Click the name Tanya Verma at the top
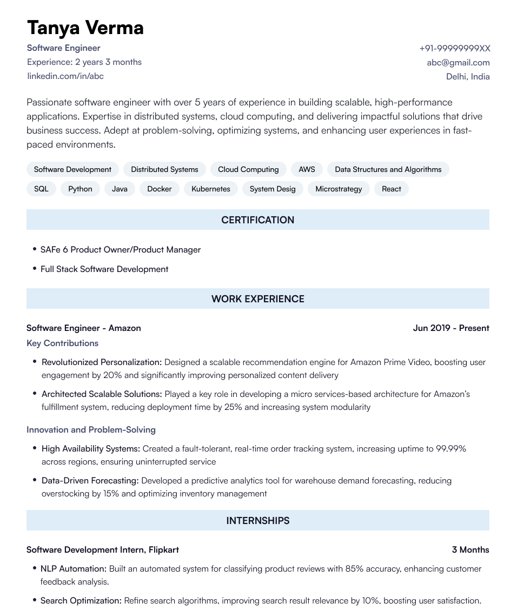point(85,27)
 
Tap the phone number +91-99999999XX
point(454,48)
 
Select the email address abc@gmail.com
point(458,62)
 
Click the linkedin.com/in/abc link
point(65,76)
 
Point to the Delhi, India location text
point(468,76)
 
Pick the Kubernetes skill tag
point(211,189)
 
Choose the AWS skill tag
point(307,169)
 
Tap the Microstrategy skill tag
point(339,189)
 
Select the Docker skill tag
point(160,189)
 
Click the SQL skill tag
point(41,189)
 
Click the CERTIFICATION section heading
point(258,220)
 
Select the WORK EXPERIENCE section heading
point(258,299)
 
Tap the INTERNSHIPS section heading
point(258,521)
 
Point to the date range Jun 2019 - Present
point(451,328)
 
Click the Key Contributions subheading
point(62,343)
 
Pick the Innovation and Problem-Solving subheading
point(91,429)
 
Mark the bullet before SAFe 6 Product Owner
point(35,249)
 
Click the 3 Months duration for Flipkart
point(470,549)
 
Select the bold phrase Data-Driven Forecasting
point(90,480)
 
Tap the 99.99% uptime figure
point(451,448)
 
